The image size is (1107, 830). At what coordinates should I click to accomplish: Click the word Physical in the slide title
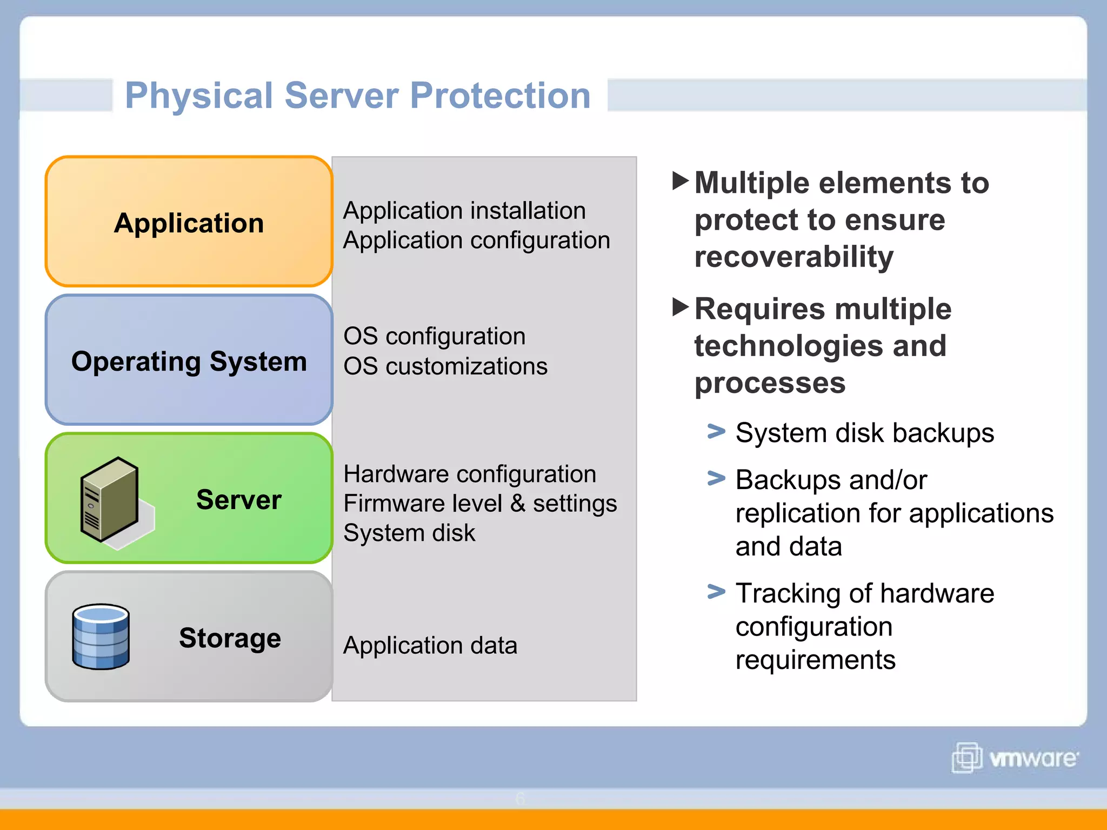(198, 96)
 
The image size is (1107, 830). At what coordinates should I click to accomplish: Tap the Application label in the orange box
(189, 223)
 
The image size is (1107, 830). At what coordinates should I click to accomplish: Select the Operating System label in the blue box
(189, 361)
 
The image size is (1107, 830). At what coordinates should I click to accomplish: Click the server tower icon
(109, 500)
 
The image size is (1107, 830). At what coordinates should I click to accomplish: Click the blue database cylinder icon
(101, 637)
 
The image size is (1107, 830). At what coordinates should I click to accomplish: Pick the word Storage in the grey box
(230, 638)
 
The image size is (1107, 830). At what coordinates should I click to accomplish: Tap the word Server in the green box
(238, 499)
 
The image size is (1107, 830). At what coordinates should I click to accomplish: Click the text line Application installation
(464, 211)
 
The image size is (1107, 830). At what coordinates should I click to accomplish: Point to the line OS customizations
(445, 366)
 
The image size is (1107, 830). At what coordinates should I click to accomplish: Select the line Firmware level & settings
(479, 504)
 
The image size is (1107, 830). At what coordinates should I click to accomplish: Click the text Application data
(430, 646)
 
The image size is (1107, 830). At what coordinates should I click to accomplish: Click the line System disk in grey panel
(409, 533)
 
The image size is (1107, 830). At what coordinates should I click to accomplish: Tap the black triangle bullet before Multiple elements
(680, 180)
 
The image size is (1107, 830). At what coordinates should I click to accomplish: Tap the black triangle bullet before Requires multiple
(680, 307)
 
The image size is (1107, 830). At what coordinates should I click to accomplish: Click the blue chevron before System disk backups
(716, 431)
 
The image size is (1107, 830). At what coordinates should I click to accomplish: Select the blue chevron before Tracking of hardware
(716, 592)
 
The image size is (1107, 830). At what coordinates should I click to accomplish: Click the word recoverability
(793, 257)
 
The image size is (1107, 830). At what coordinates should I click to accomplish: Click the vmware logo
(1015, 758)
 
